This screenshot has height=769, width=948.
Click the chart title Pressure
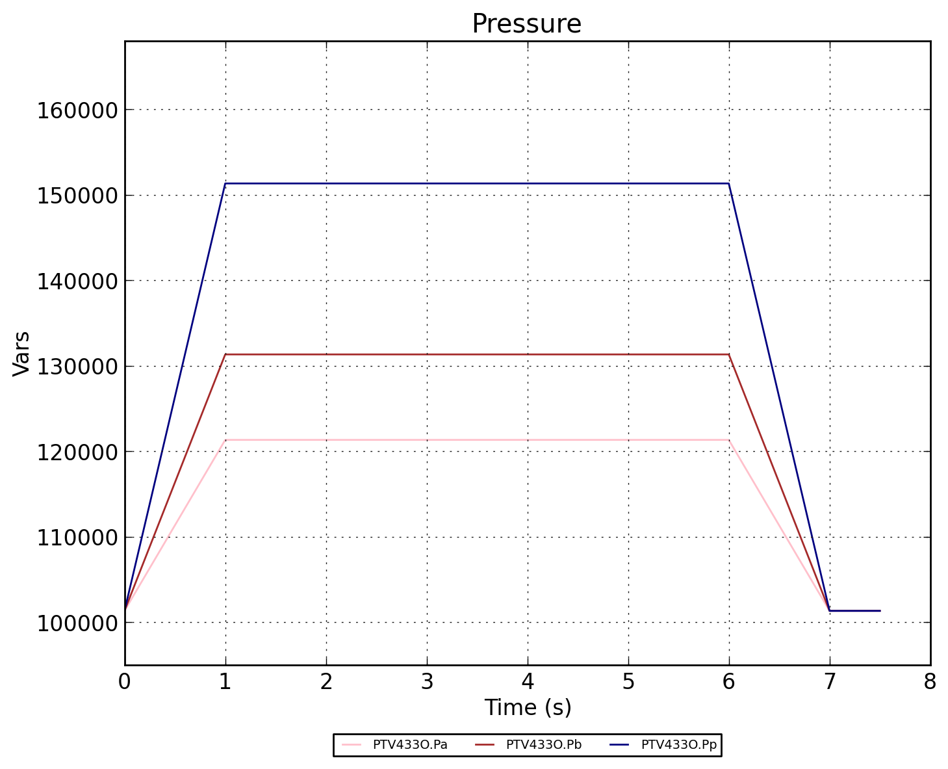tap(526, 24)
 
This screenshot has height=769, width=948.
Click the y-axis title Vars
tap(21, 353)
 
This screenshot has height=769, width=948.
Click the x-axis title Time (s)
tap(528, 707)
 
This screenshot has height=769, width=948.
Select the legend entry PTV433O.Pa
tap(409, 745)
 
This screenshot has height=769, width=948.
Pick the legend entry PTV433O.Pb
tap(543, 745)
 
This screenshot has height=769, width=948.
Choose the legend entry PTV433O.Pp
tap(678, 745)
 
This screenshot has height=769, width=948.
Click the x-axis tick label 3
tap(427, 682)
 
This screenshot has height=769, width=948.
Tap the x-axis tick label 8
tap(930, 682)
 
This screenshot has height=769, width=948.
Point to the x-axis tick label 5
tap(628, 682)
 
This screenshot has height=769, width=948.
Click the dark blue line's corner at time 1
tap(225, 183)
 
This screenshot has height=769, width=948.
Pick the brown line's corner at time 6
tap(729, 354)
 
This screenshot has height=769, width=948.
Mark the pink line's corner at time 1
tap(225, 440)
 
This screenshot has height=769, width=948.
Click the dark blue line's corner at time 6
tap(729, 183)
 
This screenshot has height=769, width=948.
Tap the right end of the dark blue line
tap(880, 611)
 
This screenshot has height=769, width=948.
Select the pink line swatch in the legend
tap(351, 745)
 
